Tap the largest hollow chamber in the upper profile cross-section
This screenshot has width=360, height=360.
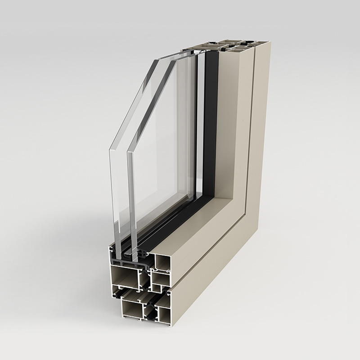tap(124, 277)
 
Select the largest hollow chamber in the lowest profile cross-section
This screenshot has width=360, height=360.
tap(131, 310)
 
